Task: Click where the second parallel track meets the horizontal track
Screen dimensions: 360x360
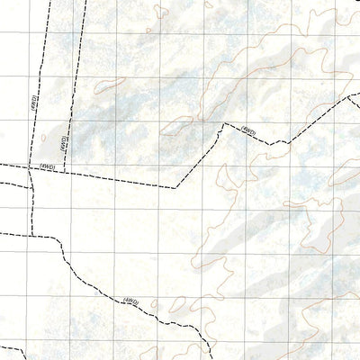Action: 64,170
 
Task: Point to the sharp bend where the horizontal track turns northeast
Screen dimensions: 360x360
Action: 175,187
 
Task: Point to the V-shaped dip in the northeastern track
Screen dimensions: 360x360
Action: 274,141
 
